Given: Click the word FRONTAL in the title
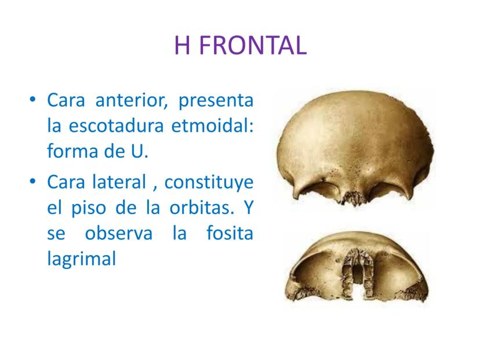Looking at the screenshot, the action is click(253, 45).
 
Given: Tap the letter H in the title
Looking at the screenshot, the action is click(182, 45).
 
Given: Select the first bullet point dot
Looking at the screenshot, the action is click(32, 100).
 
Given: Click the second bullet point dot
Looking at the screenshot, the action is click(32, 181).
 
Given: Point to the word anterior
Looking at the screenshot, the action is click(132, 100).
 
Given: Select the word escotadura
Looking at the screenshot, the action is click(116, 125).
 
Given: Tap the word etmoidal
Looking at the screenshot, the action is click(212, 125).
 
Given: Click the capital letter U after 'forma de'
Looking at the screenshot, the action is click(137, 151).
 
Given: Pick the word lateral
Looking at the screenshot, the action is click(119, 182).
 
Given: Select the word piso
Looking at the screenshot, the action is click(89, 209).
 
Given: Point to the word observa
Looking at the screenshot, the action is click(118, 233).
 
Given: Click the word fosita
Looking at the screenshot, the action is click(230, 232).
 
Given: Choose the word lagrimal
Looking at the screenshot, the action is click(81, 260).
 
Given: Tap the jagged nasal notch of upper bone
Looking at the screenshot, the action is click(354, 198).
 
